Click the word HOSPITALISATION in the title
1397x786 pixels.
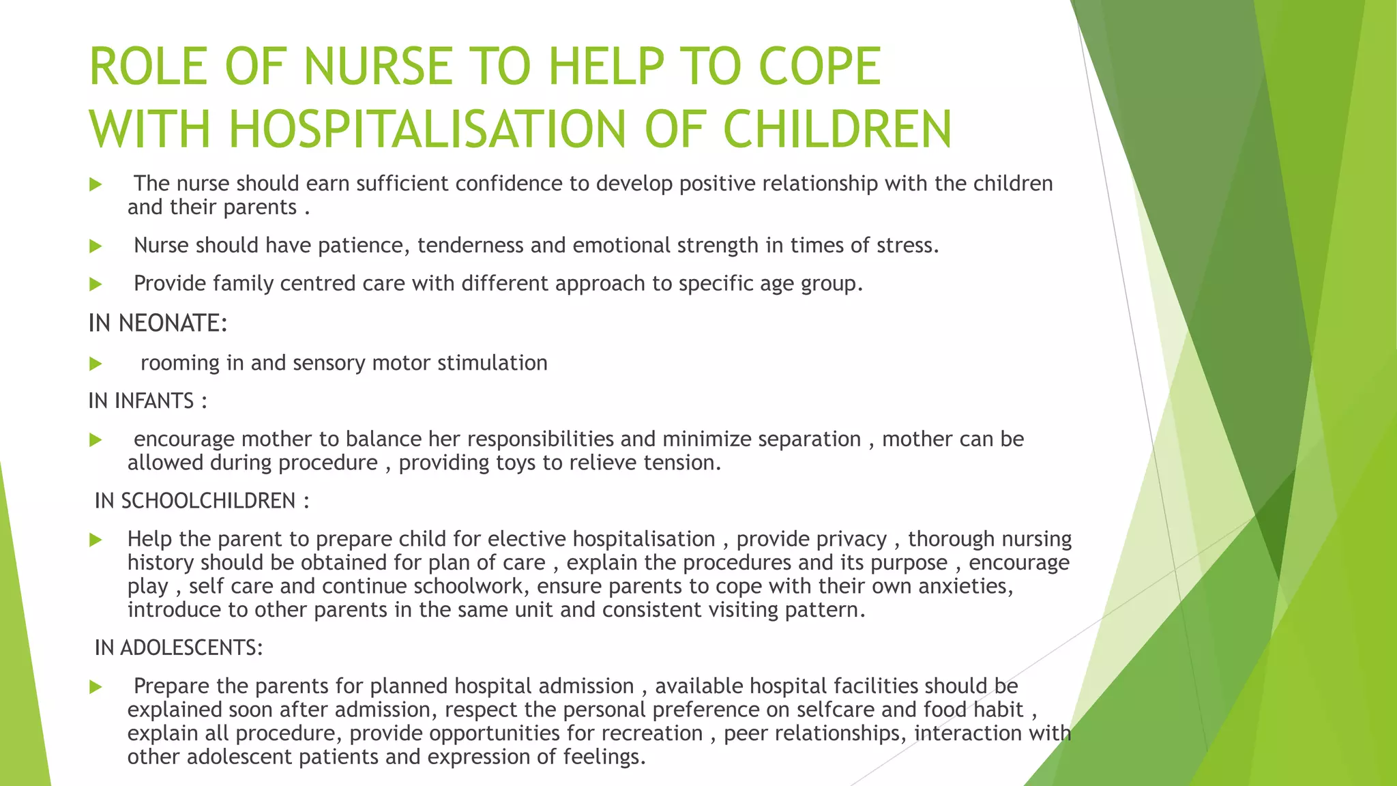tap(427, 129)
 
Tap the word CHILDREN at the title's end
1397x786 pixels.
tap(837, 129)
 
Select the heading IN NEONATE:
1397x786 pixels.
tap(158, 323)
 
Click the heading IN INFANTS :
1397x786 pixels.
tap(147, 401)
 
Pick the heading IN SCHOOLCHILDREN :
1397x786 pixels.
tap(202, 501)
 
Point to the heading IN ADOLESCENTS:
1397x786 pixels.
tap(179, 647)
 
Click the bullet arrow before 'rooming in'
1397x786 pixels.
tap(95, 364)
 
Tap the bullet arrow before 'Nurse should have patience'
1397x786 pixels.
tap(95, 246)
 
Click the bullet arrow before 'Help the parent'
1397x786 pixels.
tap(95, 540)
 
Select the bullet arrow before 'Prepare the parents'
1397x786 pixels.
tap(95, 687)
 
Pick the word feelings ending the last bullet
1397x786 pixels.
tap(603, 757)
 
